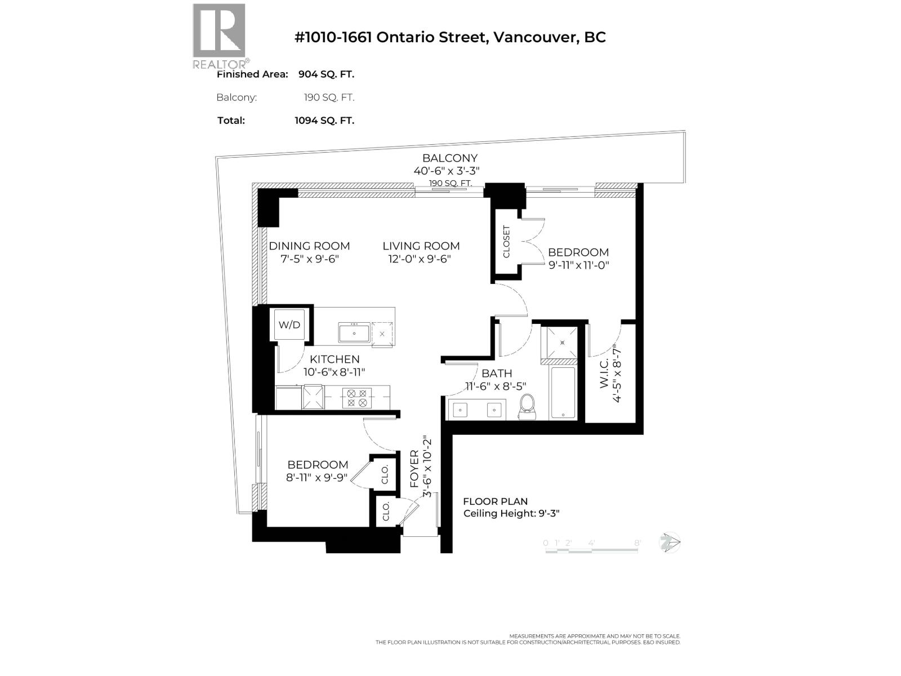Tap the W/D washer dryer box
click(289, 325)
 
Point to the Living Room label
click(421, 246)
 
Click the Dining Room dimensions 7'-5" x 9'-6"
click(309, 259)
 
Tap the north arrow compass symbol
click(670, 543)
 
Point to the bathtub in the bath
click(563, 393)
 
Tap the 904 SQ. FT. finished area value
click(326, 74)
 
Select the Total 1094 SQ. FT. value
click(324, 121)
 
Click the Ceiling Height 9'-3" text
click(511, 513)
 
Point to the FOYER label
click(414, 469)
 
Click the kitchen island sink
click(354, 333)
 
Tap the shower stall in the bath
click(560, 343)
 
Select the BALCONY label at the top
click(450, 158)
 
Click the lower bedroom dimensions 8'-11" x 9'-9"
click(317, 478)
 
